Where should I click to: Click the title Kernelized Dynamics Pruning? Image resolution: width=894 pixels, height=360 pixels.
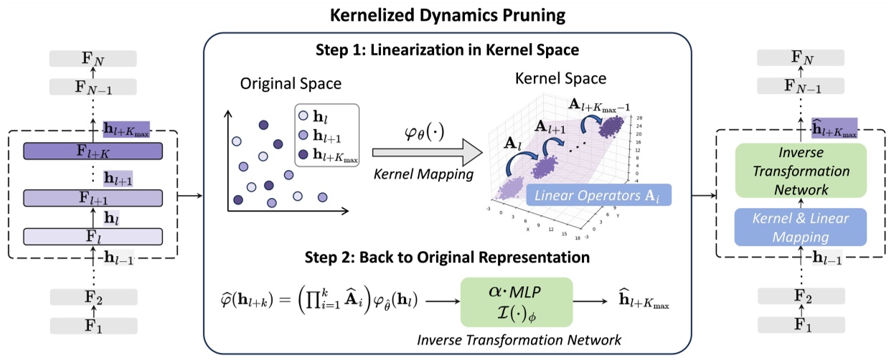(x=447, y=14)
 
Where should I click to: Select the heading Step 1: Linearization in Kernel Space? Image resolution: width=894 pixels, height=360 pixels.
(x=448, y=51)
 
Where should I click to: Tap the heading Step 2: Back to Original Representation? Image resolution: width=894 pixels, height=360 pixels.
(x=447, y=256)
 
